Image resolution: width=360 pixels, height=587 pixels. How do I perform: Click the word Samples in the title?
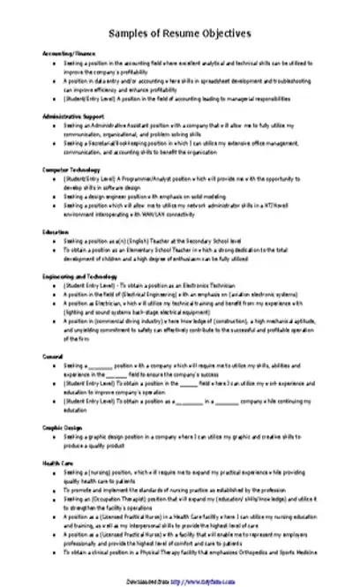(129, 33)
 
